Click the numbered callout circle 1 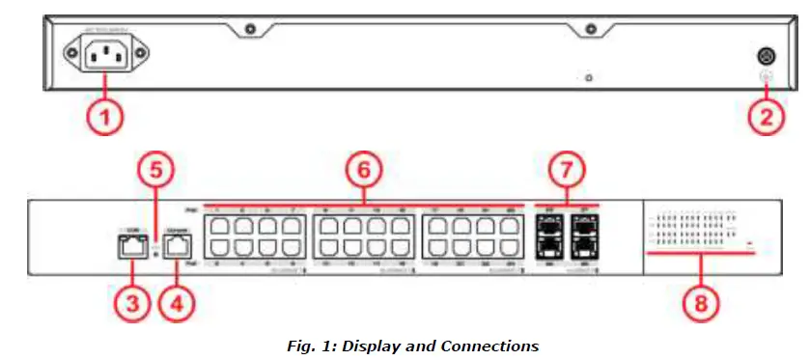point(106,119)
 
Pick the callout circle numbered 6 point(363,171)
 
